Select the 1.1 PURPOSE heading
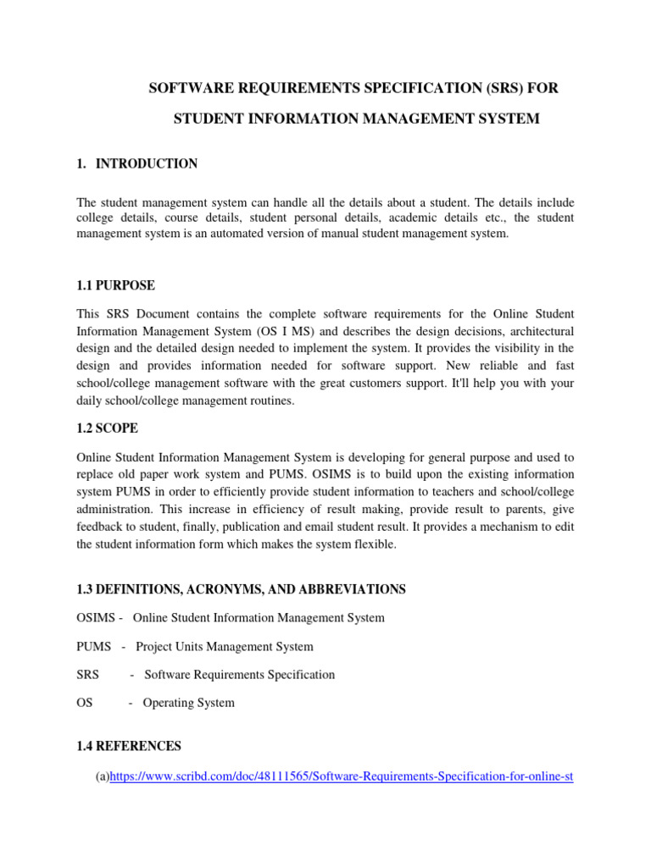coord(116,286)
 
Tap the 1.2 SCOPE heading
coord(108,428)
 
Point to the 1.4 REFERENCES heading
coord(129,746)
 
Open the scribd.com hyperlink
coord(342,775)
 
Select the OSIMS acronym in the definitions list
coord(96,618)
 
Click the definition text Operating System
coord(188,703)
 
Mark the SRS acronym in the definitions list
coord(87,675)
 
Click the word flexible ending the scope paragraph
coord(373,544)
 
